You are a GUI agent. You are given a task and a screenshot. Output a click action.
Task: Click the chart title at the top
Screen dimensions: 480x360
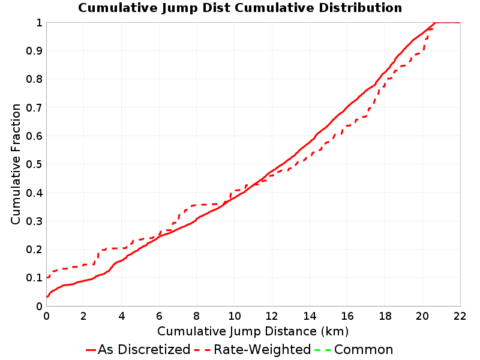[240, 8]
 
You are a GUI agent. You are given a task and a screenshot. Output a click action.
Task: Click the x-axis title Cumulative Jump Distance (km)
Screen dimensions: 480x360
[253, 331]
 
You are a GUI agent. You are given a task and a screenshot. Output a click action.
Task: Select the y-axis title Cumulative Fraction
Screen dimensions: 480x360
[16, 164]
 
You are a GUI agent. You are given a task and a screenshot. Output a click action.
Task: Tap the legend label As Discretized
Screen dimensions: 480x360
[144, 349]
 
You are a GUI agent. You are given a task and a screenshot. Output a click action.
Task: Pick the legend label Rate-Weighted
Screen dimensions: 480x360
[262, 349]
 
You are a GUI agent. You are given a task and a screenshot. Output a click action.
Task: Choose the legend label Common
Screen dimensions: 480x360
[364, 349]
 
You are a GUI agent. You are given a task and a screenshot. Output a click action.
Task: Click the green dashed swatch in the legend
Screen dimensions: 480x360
[323, 350]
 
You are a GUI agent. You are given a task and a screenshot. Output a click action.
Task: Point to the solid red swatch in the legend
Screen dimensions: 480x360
[91, 350]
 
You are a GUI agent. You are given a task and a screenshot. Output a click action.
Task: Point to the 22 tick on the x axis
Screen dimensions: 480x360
[460, 316]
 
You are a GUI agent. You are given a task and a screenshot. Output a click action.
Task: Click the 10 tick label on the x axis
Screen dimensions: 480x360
[234, 316]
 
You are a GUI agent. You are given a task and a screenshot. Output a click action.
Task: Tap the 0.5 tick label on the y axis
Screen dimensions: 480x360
[34, 164]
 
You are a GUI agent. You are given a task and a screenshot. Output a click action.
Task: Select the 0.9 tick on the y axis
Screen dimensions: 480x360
[34, 50]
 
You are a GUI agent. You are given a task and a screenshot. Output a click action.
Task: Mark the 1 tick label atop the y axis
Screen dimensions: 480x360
[39, 22]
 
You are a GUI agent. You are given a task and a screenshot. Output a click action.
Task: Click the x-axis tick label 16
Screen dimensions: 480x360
[347, 316]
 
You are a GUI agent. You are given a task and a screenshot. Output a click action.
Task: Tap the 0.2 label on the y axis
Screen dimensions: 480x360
[34, 249]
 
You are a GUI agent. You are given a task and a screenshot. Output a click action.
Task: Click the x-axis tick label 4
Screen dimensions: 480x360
[122, 316]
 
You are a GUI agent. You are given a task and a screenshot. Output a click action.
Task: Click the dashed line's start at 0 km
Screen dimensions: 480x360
[47, 277]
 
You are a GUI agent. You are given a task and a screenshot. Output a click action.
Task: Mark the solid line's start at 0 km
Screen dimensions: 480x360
[47, 296]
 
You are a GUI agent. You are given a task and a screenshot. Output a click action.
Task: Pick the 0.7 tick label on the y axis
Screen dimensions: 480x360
[34, 107]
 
